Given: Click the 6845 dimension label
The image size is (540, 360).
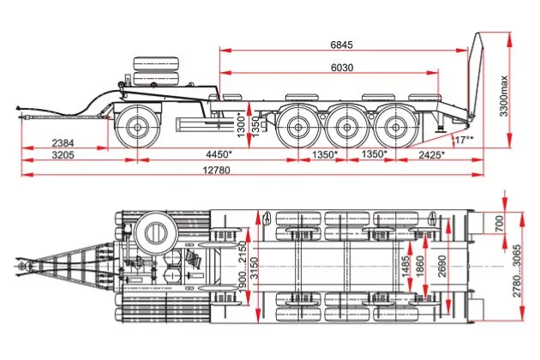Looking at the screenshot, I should coord(342,45).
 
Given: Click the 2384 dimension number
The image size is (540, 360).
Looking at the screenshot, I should coord(61,142).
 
